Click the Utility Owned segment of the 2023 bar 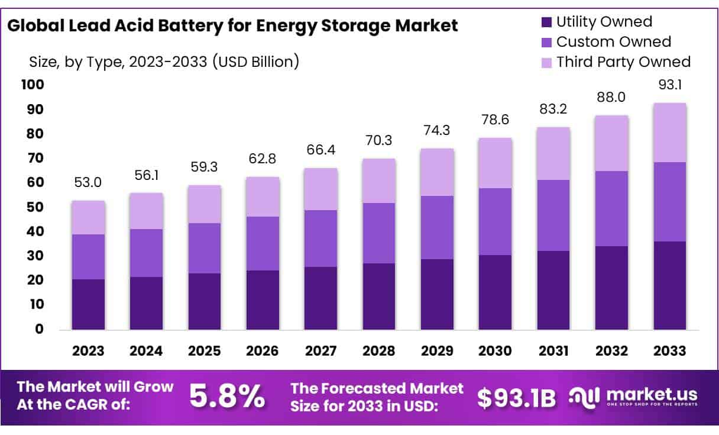point(88,304)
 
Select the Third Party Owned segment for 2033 point(669,133)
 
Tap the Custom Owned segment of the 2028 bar point(378,233)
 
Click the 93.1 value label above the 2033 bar point(669,85)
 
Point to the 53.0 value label point(88,183)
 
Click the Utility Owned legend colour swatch point(546,22)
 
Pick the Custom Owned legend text point(614,42)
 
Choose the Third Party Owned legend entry point(623,62)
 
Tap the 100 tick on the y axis point(33,85)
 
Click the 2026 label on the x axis point(263,351)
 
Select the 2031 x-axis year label point(553,351)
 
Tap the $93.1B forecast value point(516,398)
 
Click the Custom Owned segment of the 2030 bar point(495,221)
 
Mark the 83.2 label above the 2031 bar point(553,109)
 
